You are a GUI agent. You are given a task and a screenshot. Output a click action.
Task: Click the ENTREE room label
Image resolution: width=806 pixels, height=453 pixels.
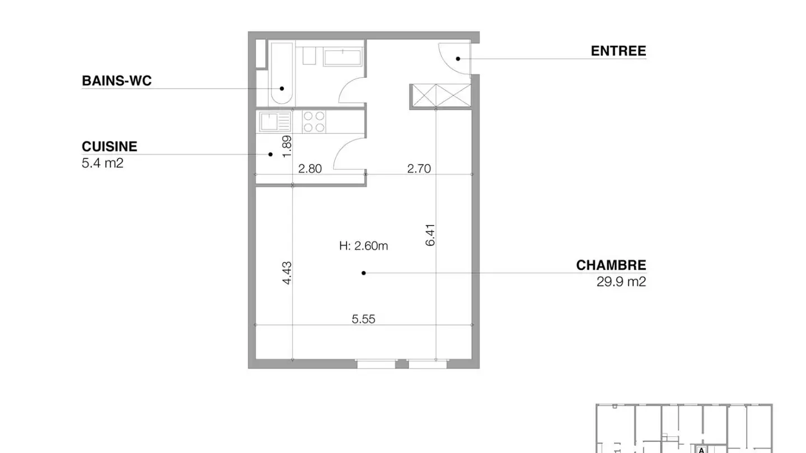click(x=618, y=51)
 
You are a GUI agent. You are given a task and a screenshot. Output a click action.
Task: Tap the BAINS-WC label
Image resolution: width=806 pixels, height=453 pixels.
click(x=116, y=81)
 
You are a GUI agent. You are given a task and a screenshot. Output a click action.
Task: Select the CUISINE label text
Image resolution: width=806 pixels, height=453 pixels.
click(x=109, y=147)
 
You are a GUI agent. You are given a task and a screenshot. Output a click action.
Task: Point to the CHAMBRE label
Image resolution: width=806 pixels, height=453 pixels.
click(x=611, y=265)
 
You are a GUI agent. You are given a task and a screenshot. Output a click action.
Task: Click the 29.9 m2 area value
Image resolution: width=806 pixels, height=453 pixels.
click(x=621, y=281)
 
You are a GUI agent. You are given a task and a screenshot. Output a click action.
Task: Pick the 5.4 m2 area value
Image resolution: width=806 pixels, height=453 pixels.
click(x=102, y=163)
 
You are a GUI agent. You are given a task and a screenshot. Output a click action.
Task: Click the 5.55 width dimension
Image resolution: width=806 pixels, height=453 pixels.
click(x=363, y=319)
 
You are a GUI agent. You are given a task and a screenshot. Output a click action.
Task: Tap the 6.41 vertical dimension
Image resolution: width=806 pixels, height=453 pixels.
click(x=430, y=235)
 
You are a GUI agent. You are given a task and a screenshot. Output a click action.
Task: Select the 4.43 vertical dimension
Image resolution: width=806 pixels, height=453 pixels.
click(x=287, y=273)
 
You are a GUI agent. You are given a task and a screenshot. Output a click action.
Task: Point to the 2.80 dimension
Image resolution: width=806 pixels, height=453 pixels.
click(x=310, y=168)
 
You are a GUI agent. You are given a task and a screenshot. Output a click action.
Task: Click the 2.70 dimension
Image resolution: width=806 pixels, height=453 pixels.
click(x=419, y=168)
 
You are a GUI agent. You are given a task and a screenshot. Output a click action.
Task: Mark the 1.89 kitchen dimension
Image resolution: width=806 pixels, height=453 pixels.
click(x=287, y=147)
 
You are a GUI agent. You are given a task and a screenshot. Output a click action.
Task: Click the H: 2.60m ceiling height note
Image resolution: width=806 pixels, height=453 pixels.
click(x=363, y=246)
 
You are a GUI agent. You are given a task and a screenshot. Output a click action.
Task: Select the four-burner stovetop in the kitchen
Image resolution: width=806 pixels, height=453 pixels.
click(x=314, y=122)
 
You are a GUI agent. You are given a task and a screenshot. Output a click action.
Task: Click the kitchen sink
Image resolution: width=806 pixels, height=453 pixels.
click(x=274, y=122)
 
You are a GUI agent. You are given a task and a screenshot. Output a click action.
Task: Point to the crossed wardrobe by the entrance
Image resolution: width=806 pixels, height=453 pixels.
click(x=440, y=96)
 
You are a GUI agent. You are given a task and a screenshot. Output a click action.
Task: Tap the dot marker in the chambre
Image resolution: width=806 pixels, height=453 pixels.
click(x=364, y=273)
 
